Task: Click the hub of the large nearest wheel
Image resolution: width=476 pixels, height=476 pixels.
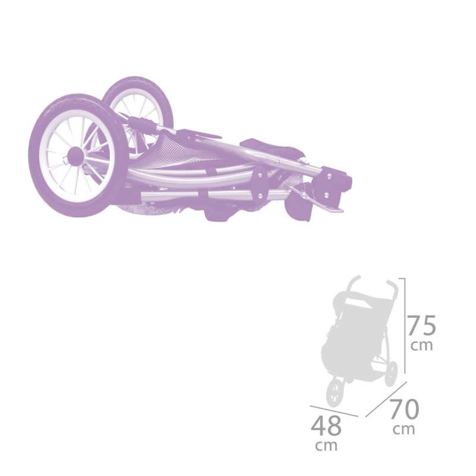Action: coord(76,156)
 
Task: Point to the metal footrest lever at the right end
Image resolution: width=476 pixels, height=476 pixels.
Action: coord(321,199)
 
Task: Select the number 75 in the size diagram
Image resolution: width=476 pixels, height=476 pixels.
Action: coord(422,325)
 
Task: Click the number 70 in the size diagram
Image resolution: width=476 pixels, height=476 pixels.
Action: coord(405,411)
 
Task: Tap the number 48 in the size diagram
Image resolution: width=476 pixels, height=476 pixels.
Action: coord(327,426)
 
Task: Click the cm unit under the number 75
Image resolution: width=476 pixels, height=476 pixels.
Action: coord(422,345)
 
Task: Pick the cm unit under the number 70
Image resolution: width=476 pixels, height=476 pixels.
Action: coord(405,428)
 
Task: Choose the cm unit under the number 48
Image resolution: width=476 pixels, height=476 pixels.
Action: coord(327,444)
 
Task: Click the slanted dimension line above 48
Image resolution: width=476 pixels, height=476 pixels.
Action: coord(333,411)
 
